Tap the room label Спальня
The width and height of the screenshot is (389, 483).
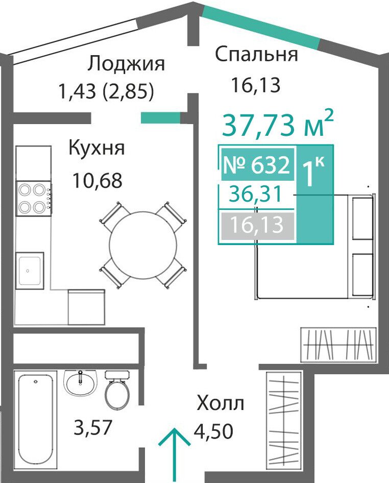(256, 55)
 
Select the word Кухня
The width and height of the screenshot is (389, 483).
(96, 148)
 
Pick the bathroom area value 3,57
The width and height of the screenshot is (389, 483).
(92, 428)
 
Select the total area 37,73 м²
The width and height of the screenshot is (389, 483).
(278, 124)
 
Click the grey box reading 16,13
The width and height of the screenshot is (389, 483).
(257, 226)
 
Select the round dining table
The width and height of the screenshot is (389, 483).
(143, 245)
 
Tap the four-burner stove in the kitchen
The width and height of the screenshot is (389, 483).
(33, 199)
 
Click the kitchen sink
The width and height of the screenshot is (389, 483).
(30, 271)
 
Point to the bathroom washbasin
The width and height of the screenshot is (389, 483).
(80, 382)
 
